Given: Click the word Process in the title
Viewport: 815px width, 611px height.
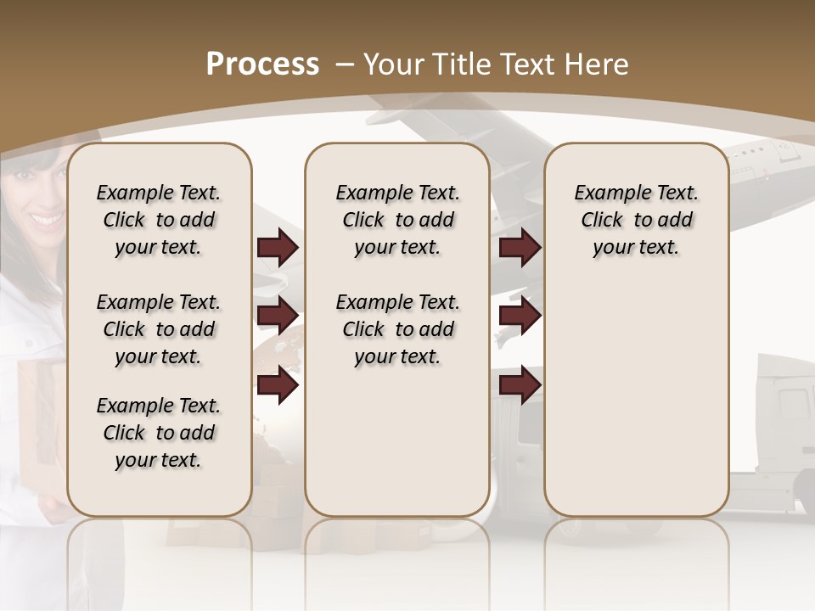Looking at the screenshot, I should tap(262, 64).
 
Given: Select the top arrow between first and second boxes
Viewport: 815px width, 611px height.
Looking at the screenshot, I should tap(278, 248).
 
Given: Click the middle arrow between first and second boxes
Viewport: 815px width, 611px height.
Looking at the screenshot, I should tap(278, 316).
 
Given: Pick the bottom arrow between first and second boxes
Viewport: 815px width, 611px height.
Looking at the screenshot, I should tap(278, 385).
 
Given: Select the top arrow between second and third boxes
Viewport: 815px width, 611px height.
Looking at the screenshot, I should tap(520, 248).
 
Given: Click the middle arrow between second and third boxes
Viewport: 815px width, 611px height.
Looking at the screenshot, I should tap(520, 316).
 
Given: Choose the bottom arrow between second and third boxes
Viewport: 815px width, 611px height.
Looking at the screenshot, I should tap(520, 385).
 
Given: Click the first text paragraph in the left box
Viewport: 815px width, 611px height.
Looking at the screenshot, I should tap(159, 220).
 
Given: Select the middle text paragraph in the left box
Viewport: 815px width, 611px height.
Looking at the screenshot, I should tap(159, 329).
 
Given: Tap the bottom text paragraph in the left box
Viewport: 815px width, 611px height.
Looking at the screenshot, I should tap(159, 433).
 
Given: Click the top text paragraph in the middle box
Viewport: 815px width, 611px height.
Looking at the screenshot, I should tap(397, 220).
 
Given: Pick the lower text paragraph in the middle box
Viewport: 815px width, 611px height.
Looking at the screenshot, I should tap(397, 329).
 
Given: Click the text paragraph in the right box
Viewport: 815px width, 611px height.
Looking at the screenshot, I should tap(636, 220).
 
